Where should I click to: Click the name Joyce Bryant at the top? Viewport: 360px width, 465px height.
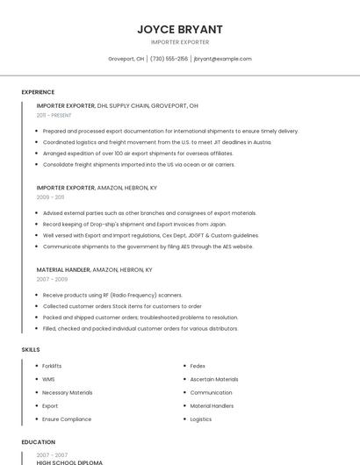pyautogui.click(x=179, y=29)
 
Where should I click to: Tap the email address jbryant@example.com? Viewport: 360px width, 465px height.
pyautogui.click(x=222, y=59)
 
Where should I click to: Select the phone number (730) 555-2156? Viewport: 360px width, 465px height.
pyautogui.click(x=169, y=59)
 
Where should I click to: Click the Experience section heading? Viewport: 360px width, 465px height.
pyautogui.click(x=38, y=92)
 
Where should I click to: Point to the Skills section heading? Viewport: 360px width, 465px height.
pyautogui.click(x=31, y=349)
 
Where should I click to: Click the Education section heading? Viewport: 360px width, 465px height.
pyautogui.click(x=38, y=442)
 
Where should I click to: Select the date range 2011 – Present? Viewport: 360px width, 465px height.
pyautogui.click(x=54, y=115)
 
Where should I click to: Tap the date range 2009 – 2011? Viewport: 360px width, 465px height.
pyautogui.click(x=50, y=197)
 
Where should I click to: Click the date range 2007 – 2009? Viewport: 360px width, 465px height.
pyautogui.click(x=52, y=279)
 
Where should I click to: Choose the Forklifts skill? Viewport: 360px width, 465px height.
pyautogui.click(x=52, y=366)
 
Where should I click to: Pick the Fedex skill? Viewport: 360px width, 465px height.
pyautogui.click(x=198, y=366)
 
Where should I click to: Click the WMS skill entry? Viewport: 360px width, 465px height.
pyautogui.click(x=48, y=379)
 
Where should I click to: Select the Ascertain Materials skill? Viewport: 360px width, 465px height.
pyautogui.click(x=213, y=379)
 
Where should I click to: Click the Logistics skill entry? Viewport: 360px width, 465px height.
pyautogui.click(x=200, y=419)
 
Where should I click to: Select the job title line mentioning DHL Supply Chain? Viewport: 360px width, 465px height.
pyautogui.click(x=117, y=105)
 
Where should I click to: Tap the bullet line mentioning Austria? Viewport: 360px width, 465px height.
pyautogui.click(x=144, y=142)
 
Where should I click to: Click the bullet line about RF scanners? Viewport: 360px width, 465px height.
pyautogui.click(x=112, y=296)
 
